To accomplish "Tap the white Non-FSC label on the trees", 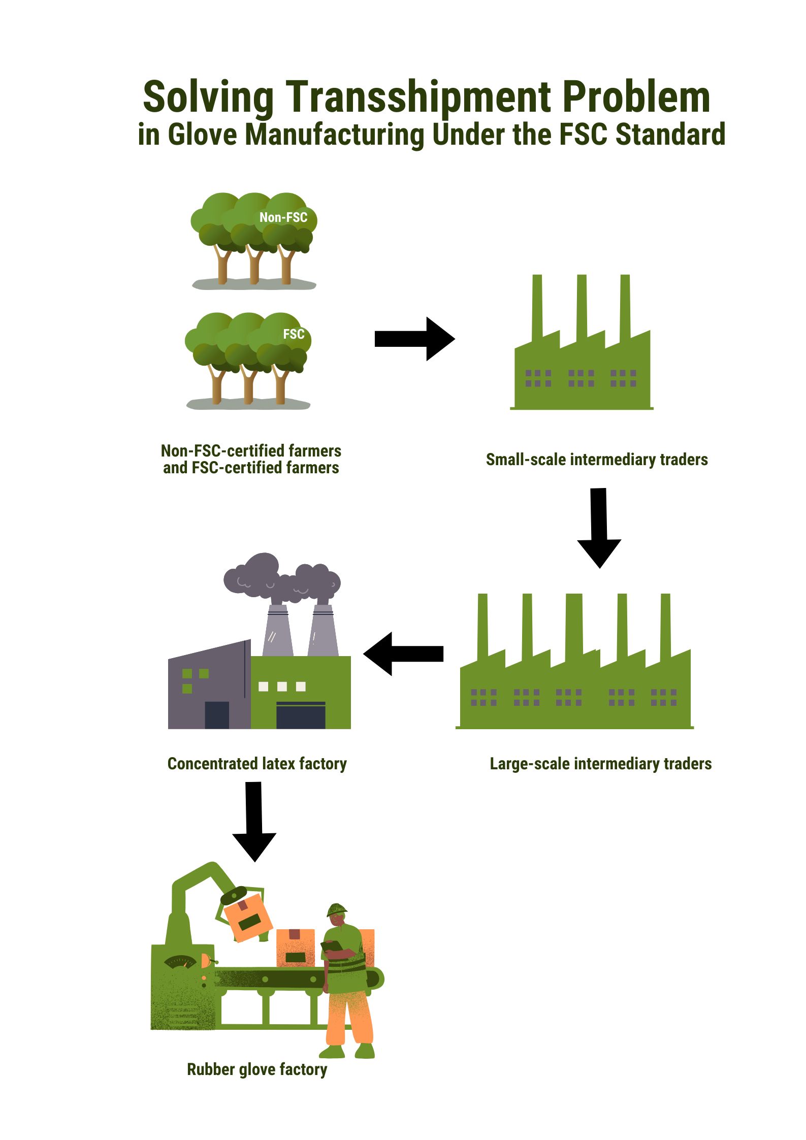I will click(x=283, y=217).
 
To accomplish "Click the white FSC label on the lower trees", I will click(x=294, y=334).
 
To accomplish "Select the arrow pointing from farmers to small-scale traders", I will click(x=414, y=339).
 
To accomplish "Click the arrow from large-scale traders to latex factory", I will click(x=404, y=654).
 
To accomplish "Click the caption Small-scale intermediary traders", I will click(x=597, y=460).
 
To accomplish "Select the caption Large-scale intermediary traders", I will click(x=600, y=764).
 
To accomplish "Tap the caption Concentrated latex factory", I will click(x=257, y=764).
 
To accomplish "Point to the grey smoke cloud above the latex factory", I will click(x=282, y=579).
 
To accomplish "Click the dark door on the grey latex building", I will click(x=217, y=715).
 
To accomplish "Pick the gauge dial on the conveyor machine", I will click(x=180, y=961).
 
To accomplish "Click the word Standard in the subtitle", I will click(x=670, y=135).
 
